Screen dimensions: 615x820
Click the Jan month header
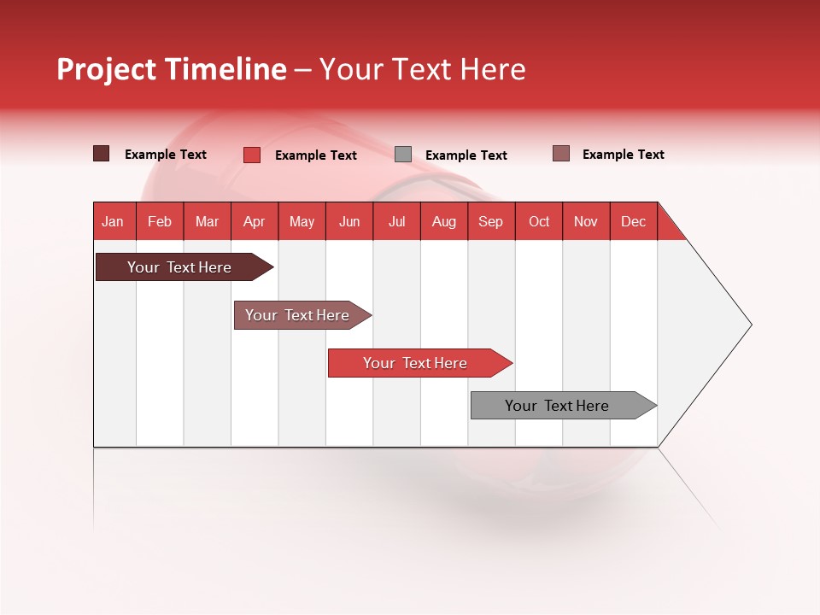tap(113, 221)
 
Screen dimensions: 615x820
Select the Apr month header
tap(254, 221)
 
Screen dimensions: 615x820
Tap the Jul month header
tap(396, 221)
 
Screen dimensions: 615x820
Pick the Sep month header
tap(490, 221)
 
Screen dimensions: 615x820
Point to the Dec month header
tap(633, 221)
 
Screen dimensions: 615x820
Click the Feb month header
tap(160, 221)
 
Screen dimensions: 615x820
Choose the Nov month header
tap(586, 221)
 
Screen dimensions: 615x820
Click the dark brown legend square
tap(101, 154)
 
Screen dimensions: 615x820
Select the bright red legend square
tap(251, 155)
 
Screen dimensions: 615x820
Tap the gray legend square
tap(403, 155)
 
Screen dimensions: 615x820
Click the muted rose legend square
tap(560, 154)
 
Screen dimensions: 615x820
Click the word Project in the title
tap(106, 70)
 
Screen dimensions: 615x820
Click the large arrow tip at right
tap(726, 325)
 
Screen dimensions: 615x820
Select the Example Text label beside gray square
tap(466, 155)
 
